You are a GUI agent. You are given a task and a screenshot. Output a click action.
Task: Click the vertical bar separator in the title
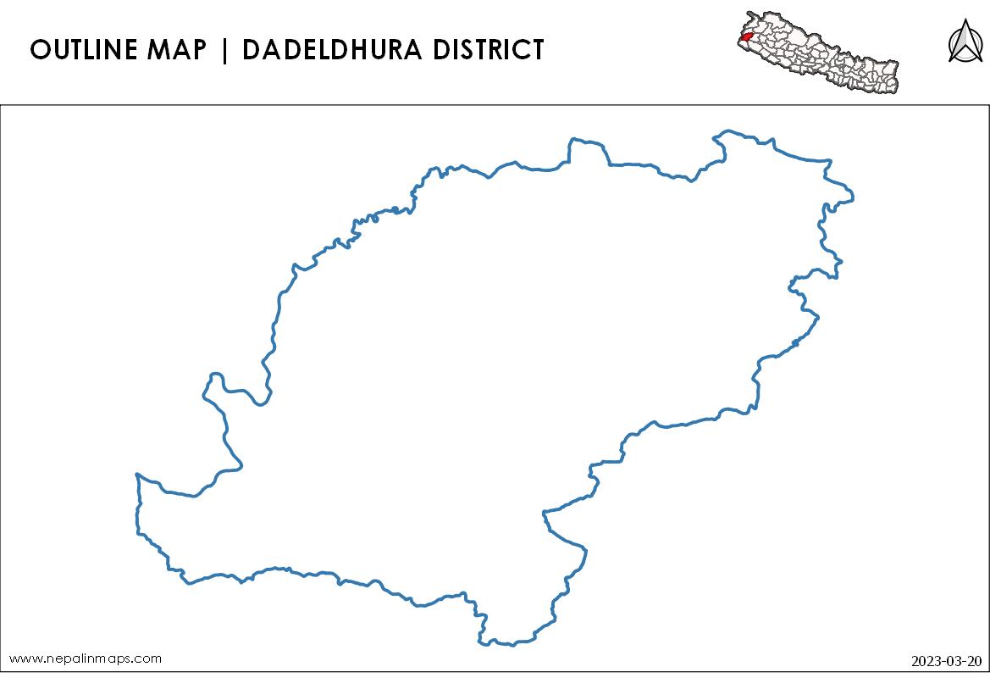224,50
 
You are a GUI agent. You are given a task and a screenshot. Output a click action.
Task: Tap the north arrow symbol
961,42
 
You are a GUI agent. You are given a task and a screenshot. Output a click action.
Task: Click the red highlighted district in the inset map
745,36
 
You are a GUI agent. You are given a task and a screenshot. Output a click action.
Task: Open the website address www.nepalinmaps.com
85,658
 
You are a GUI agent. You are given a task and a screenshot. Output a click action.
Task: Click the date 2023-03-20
947,660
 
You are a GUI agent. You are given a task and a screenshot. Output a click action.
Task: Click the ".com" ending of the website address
147,658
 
